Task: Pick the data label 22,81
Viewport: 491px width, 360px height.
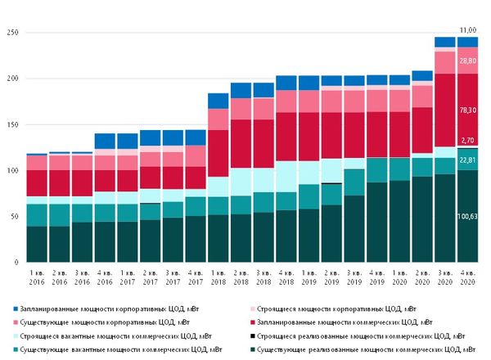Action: (x=467, y=160)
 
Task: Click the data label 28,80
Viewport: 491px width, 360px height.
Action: (x=467, y=61)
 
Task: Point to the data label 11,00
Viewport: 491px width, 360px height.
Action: (x=467, y=29)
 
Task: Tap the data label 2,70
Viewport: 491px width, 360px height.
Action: (x=467, y=141)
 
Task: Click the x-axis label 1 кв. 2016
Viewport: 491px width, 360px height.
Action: (x=37, y=277)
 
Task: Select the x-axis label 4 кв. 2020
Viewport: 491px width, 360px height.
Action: (x=467, y=277)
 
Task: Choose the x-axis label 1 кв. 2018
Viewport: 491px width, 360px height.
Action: (x=218, y=277)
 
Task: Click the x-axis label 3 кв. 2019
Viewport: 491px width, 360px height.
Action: (x=354, y=277)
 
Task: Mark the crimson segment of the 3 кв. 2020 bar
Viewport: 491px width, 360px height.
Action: (x=445, y=110)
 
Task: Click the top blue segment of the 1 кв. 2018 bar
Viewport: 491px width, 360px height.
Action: (x=218, y=101)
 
